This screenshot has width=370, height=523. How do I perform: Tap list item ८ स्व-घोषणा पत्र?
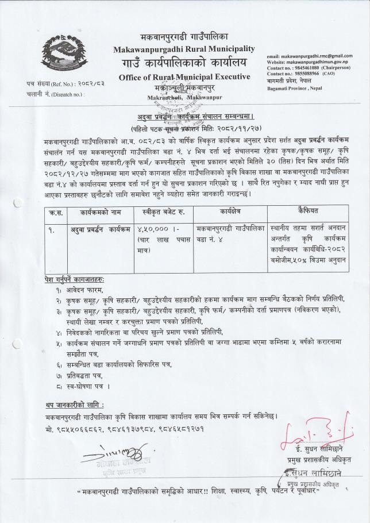84,382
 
